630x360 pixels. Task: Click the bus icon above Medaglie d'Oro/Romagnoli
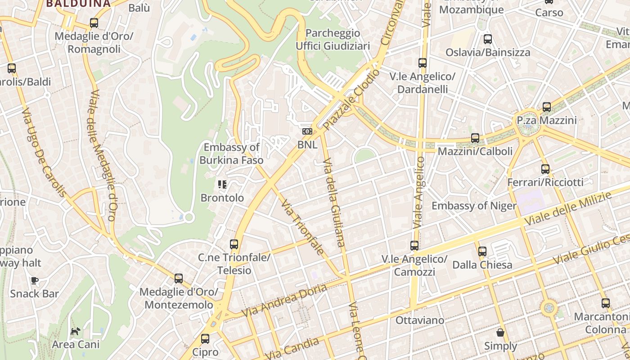pos(94,23)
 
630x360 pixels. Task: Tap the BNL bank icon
pos(307,131)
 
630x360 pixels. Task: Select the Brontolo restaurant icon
pos(222,184)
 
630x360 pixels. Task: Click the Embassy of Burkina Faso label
pos(231,153)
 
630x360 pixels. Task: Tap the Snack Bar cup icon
pos(35,281)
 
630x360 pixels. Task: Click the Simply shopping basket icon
pos(500,333)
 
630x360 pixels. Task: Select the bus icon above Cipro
pos(205,339)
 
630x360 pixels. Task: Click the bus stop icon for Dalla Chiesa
pos(482,252)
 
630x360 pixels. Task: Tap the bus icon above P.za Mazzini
pos(547,107)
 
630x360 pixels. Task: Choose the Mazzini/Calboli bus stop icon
pos(475,138)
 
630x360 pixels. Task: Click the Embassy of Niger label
pos(474,206)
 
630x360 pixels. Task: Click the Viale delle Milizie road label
pos(568,209)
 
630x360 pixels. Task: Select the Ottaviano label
pos(419,320)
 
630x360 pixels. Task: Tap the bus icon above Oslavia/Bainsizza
pos(488,39)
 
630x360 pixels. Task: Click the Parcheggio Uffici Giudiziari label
pos(333,40)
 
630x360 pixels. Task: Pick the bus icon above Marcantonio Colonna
pos(606,303)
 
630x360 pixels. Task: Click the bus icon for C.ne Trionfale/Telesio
pos(234,244)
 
